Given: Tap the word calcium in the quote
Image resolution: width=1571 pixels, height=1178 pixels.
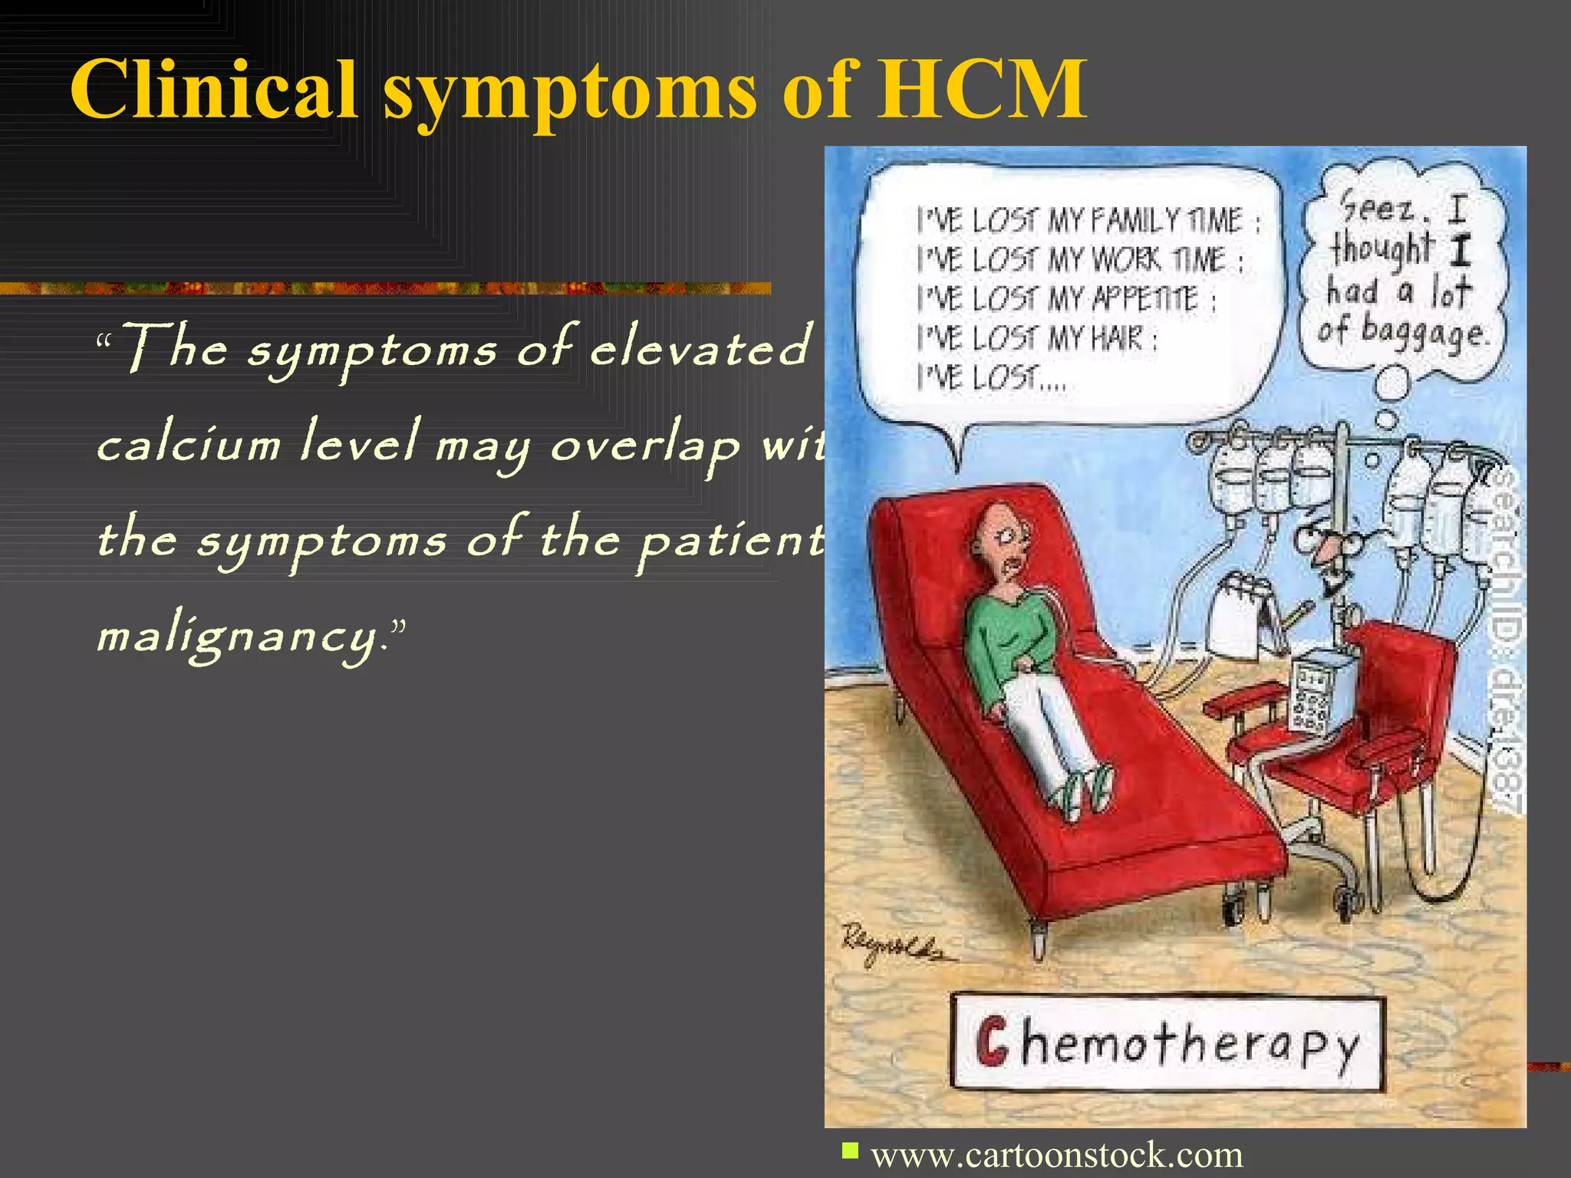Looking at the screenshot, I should point(189,445).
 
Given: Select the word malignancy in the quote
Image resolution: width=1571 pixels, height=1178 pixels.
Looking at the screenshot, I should point(238,637).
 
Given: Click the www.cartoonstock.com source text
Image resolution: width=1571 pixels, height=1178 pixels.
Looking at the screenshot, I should point(1056,1154).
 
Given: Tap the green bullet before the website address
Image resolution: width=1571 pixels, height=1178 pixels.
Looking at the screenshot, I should point(849,1150).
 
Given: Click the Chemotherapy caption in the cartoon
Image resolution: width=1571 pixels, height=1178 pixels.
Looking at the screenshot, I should point(1167,1043).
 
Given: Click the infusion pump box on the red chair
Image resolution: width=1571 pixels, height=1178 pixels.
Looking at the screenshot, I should point(1321,690).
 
